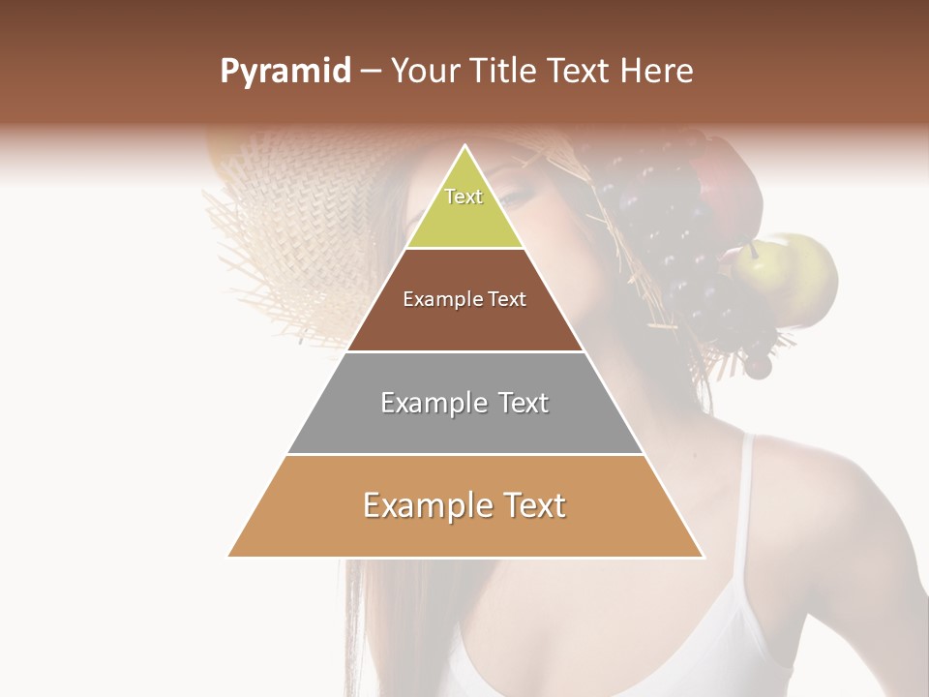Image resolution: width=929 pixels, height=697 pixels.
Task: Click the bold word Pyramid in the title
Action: pos(285,72)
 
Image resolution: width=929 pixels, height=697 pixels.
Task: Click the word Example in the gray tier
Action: pos(422,403)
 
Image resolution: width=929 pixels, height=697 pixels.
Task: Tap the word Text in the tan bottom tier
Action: pos(529,505)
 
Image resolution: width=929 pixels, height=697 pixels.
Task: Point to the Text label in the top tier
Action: pos(464,197)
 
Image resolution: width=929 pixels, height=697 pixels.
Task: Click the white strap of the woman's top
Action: pos(746,503)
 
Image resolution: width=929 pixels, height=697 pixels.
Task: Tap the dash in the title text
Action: pos(372,72)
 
